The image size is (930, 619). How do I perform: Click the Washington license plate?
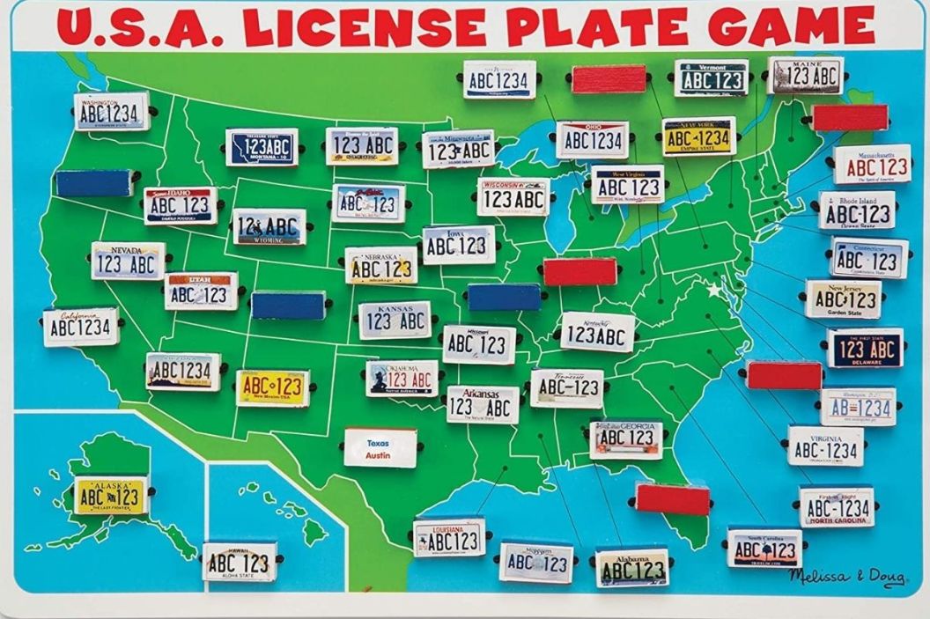[111, 112]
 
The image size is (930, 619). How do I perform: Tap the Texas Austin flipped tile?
[380, 447]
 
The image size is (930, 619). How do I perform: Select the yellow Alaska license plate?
[110, 496]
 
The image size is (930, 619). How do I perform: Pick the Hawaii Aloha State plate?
[240, 562]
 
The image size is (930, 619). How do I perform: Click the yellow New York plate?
[698, 136]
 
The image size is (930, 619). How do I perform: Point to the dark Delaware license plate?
[865, 348]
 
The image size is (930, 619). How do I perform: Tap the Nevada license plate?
[128, 262]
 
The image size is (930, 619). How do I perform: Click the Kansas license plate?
[395, 321]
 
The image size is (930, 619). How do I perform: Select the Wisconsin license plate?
[513, 197]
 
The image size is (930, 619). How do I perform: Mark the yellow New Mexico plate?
[273, 388]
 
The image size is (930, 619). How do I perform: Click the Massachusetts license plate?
[872, 165]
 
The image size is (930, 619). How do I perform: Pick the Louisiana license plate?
[449, 538]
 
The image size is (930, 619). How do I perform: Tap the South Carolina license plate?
[764, 549]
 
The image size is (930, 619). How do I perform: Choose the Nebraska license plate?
[381, 265]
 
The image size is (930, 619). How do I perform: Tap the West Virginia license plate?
[627, 185]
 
